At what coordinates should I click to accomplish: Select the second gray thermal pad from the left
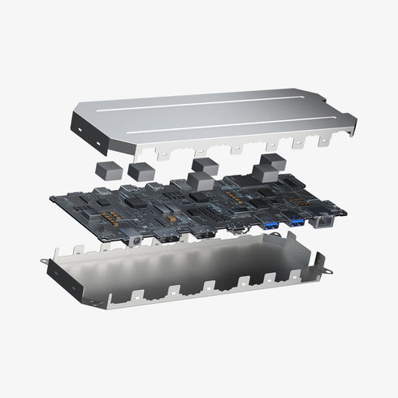(x=140, y=171)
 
